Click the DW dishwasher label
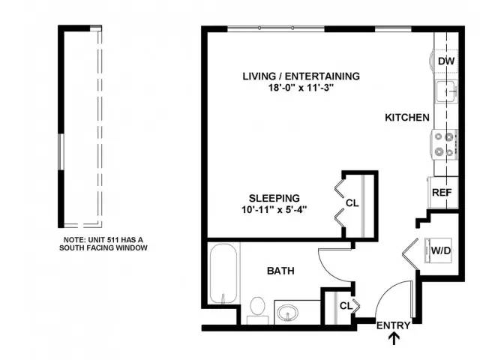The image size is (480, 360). (446, 61)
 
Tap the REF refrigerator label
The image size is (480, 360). (442, 193)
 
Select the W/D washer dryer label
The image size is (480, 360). (441, 250)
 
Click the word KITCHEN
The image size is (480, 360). (407, 118)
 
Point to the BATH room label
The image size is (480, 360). (280, 271)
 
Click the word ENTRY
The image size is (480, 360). (393, 325)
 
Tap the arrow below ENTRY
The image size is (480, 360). (394, 338)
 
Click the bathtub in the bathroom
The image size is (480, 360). (223, 273)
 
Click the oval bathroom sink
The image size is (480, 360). (288, 313)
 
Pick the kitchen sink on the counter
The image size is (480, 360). (447, 91)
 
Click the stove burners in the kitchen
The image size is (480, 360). (445, 145)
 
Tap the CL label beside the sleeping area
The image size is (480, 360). (352, 203)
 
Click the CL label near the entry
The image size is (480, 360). (346, 306)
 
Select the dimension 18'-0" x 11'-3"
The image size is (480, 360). (301, 88)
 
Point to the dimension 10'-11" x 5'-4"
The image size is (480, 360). (274, 210)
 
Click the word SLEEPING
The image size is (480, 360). (274, 198)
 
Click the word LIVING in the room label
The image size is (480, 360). (259, 76)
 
